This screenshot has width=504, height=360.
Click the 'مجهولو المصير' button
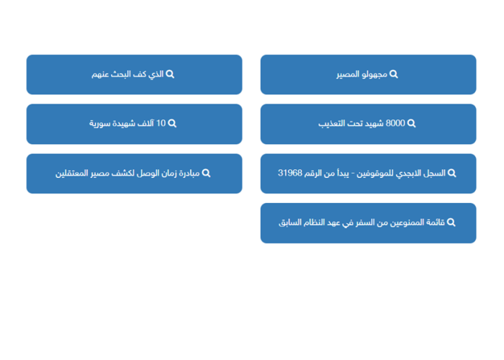pos(368,75)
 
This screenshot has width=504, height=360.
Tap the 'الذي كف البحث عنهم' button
pos(134,75)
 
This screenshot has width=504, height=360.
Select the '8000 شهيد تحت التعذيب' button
pos(368,124)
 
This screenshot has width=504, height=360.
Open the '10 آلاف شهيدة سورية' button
pos(134,124)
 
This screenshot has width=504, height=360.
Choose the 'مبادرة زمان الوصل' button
pos(134,174)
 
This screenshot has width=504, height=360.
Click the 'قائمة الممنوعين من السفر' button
pos(368,223)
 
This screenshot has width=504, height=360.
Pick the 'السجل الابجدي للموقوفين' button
pos(368,174)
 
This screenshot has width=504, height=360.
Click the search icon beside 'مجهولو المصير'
pos(394,75)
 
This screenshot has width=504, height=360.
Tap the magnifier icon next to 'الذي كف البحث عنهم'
pos(170,75)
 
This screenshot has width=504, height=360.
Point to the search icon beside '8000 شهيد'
pos(411,123)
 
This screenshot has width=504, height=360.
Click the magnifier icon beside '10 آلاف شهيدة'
pos(172,123)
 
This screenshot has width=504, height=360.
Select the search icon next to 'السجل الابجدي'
pos(451,174)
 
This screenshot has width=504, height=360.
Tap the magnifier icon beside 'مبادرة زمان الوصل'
pos(206,174)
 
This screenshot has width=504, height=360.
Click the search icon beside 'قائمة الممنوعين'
pos(451,222)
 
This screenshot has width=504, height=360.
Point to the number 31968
pos(290,173)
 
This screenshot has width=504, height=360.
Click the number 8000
pos(395,123)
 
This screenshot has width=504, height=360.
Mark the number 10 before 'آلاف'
pos(161,123)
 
